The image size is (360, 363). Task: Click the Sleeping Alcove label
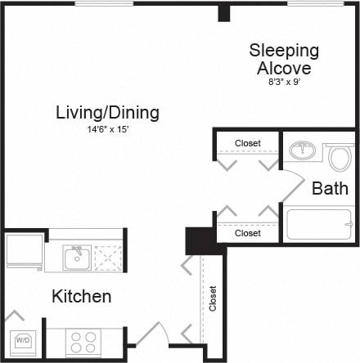click(x=284, y=59)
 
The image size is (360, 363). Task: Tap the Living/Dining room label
click(x=107, y=112)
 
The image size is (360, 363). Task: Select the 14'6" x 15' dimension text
click(x=107, y=130)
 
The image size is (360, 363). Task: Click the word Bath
click(x=330, y=188)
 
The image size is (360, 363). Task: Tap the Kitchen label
click(x=82, y=296)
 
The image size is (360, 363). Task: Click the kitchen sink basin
click(x=76, y=258)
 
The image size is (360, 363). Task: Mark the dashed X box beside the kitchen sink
click(x=106, y=258)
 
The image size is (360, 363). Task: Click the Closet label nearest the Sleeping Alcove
click(x=247, y=143)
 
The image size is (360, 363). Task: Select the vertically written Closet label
click(x=213, y=298)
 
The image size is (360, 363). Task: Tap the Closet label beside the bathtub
click(x=247, y=233)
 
